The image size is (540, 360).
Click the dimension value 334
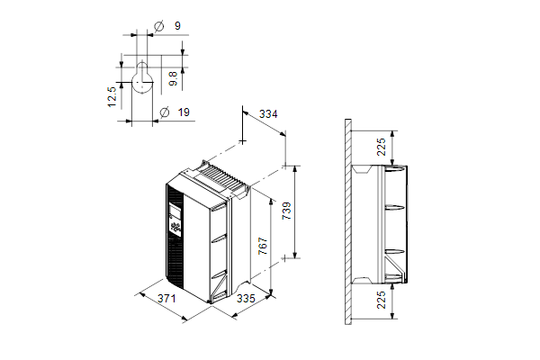pyautogui.click(x=268, y=113)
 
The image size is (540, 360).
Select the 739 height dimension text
pyautogui.click(x=286, y=211)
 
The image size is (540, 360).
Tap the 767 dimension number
pyautogui.click(x=263, y=246)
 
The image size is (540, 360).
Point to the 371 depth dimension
pyautogui.click(x=166, y=298)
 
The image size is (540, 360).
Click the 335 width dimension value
pyautogui.click(x=246, y=298)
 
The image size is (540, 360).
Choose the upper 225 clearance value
pyautogui.click(x=382, y=147)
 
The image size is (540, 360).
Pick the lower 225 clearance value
pyautogui.click(x=382, y=300)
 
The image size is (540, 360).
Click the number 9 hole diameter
pyautogui.click(x=177, y=26)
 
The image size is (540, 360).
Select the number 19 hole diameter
pyautogui.click(x=184, y=112)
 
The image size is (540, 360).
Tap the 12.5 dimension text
pyautogui.click(x=112, y=97)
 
